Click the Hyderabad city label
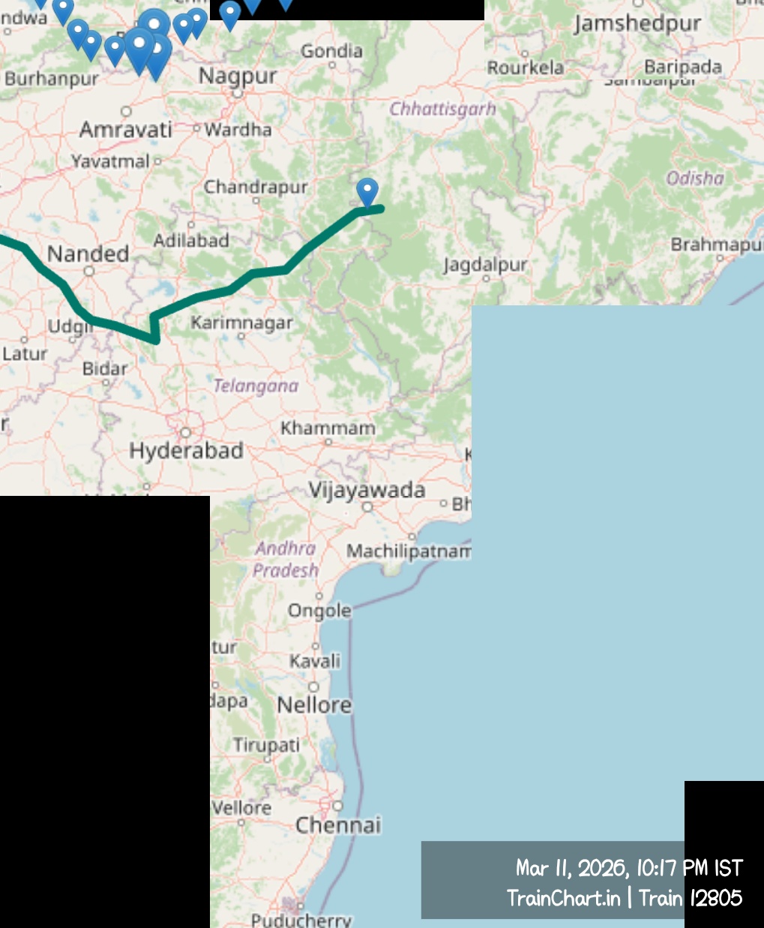tap(186, 450)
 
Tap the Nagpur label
tap(238, 76)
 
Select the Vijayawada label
tap(367, 491)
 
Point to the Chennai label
tap(338, 825)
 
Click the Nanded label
tap(88, 254)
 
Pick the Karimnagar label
tap(241, 323)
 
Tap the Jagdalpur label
tap(485, 265)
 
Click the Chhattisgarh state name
tap(442, 110)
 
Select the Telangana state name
tap(256, 386)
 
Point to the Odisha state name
tap(695, 179)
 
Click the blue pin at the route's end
tap(367, 191)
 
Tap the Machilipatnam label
tap(409, 551)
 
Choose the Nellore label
tap(314, 705)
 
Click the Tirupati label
tap(266, 745)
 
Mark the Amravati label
tap(126, 130)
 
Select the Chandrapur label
tap(256, 187)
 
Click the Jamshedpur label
tap(637, 24)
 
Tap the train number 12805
tap(715, 898)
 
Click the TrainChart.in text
tap(563, 898)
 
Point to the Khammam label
tap(328, 428)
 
